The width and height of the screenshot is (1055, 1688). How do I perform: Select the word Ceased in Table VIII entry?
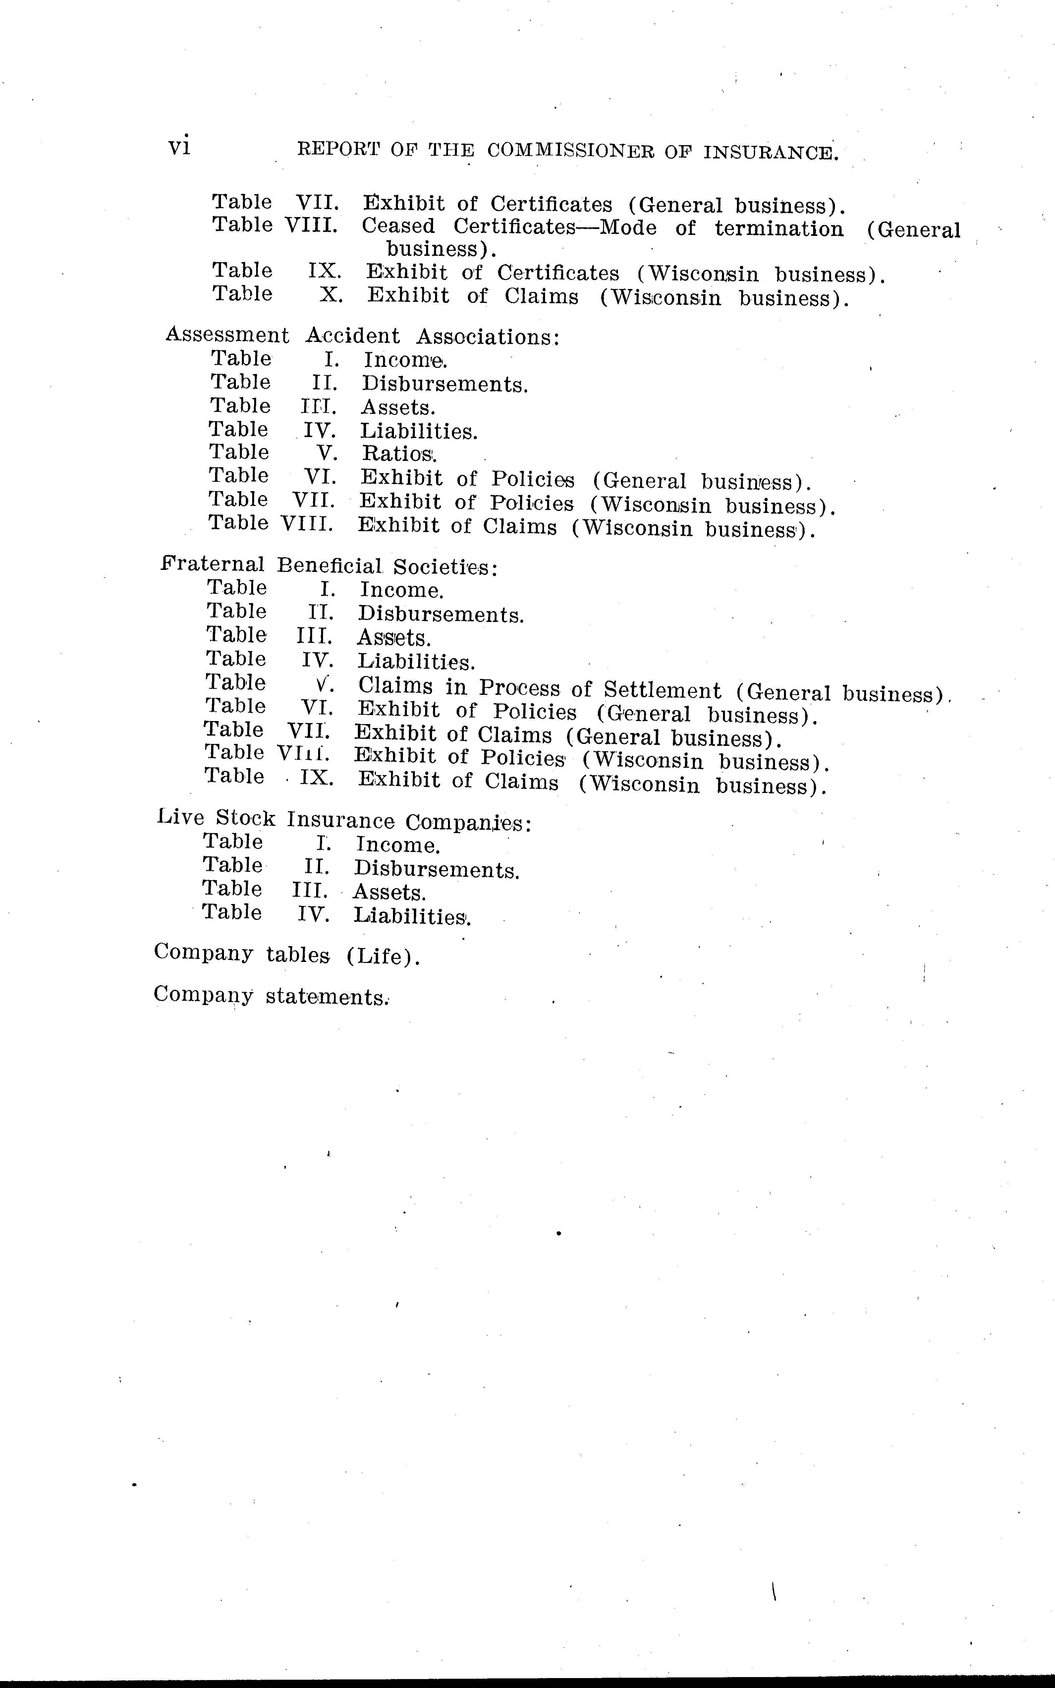pyautogui.click(x=398, y=227)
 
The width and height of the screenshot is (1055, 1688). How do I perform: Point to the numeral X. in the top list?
pyautogui.click(x=331, y=295)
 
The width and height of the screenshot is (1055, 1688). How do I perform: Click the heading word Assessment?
pyautogui.click(x=227, y=336)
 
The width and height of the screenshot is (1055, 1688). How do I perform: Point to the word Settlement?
pyautogui.click(x=662, y=691)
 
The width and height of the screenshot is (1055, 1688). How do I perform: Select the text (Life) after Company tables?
pyautogui.click(x=383, y=956)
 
